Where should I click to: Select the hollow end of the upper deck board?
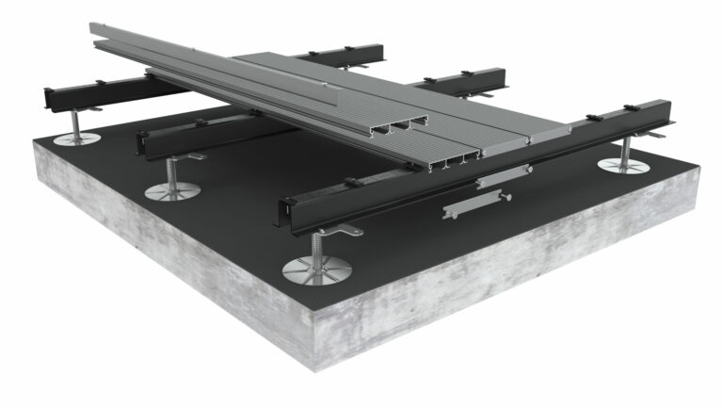click(406, 122)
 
